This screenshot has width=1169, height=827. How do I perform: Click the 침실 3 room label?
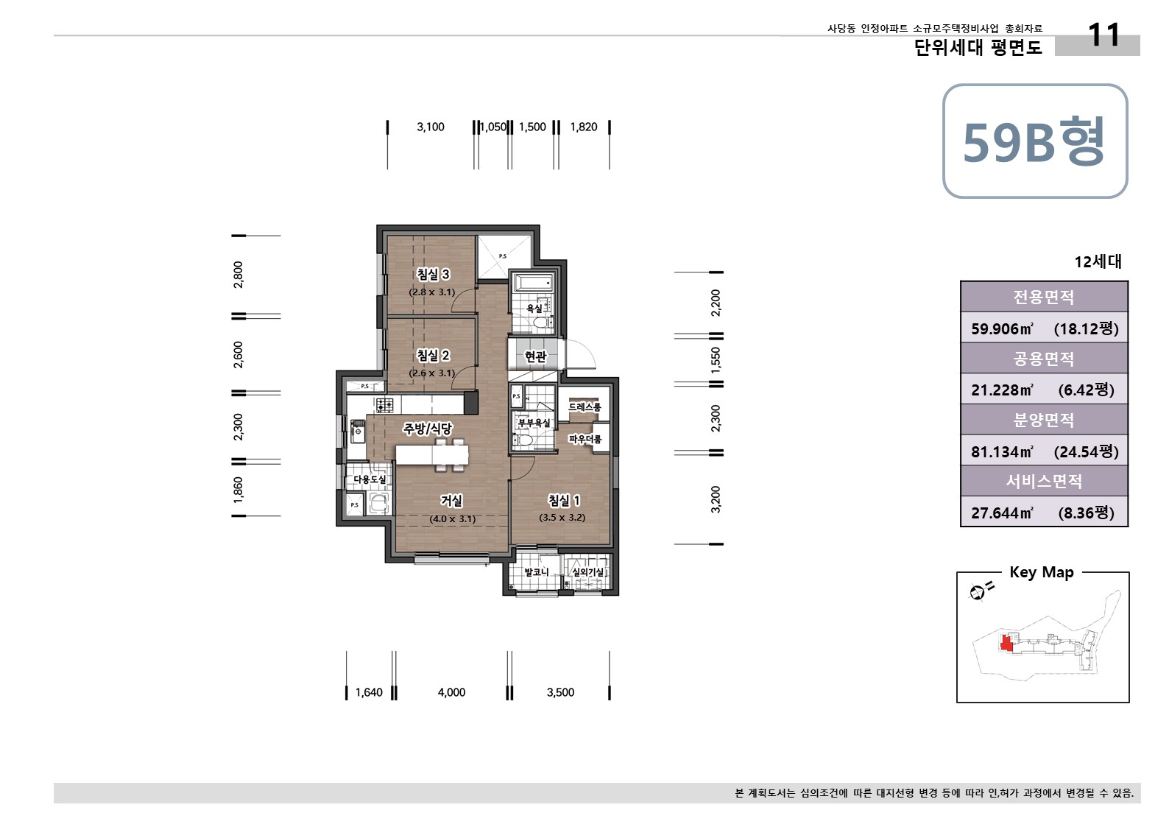433,274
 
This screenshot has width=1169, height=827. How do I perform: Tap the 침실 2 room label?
433,355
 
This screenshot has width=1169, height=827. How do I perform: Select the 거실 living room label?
451,501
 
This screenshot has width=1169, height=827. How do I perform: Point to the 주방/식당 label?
427,429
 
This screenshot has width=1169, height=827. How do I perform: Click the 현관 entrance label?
535,356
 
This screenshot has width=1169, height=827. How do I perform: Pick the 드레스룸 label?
584,407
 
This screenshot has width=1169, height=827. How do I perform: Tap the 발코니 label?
536,572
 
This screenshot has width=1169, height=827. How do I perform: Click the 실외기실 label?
587,572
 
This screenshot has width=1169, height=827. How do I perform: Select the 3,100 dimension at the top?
431,127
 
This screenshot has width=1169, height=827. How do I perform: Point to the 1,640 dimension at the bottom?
369,692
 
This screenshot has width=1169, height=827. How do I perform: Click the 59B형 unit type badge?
1034,141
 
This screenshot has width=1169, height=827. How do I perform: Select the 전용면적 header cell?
1043,297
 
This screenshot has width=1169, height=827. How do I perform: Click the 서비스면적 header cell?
1043,482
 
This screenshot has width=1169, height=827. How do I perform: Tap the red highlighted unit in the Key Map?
1006,643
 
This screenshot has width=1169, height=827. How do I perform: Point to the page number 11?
1103,35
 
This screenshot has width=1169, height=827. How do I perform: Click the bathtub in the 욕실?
532,284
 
